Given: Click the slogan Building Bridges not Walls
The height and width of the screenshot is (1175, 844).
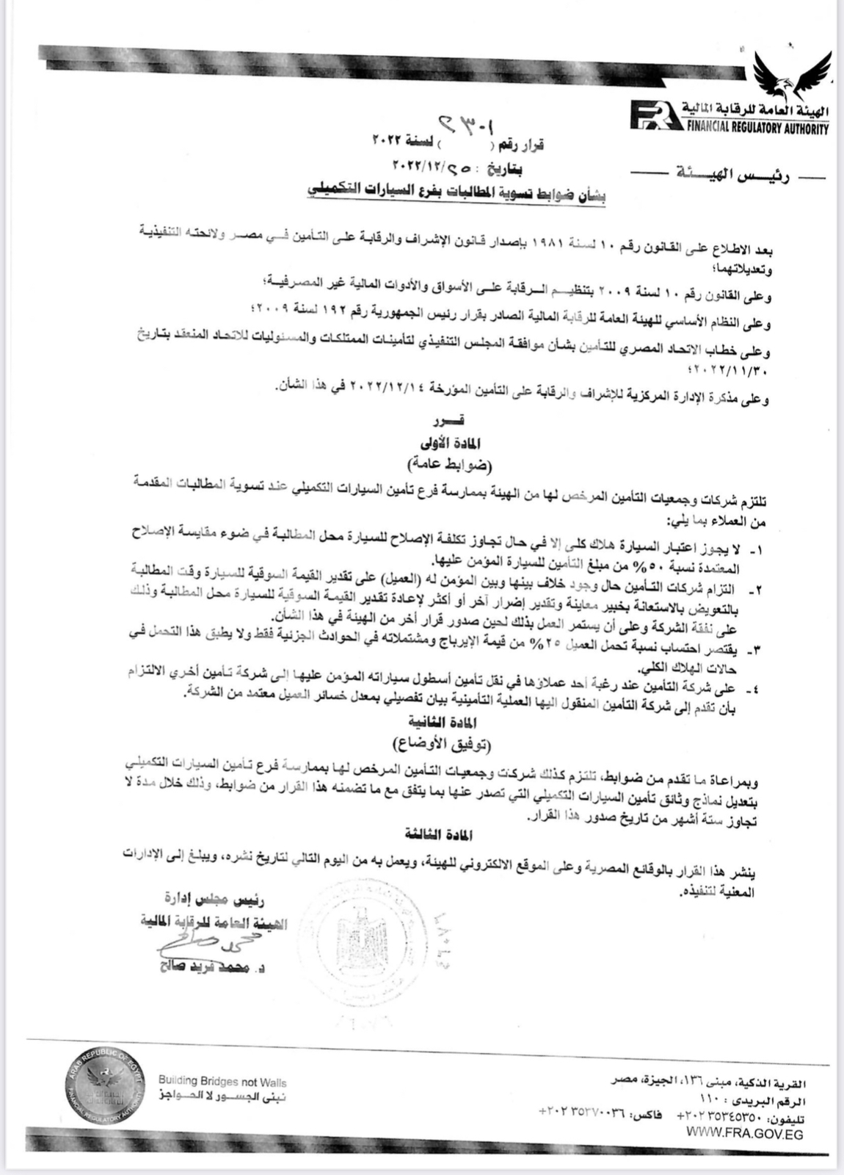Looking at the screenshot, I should (222, 1082).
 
